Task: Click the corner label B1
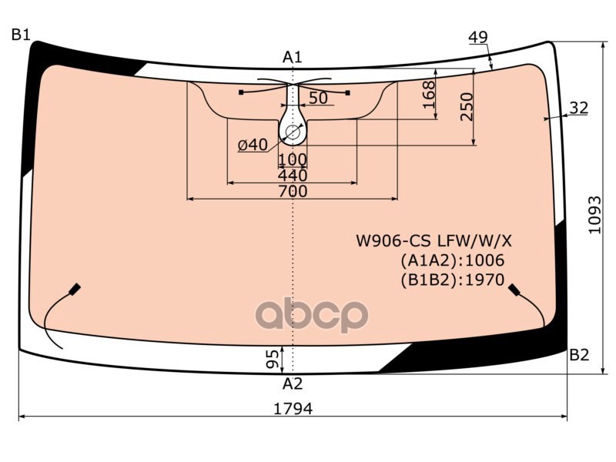[x=21, y=35]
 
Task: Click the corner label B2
[x=580, y=355]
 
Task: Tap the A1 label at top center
[x=293, y=57]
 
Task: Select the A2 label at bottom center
[x=293, y=383]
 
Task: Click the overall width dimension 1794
[x=293, y=409]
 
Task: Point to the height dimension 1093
[x=594, y=215]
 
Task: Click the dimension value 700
[x=293, y=191]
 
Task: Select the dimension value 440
[x=293, y=176]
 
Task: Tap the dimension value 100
[x=293, y=159]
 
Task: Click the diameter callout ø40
[x=253, y=145]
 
